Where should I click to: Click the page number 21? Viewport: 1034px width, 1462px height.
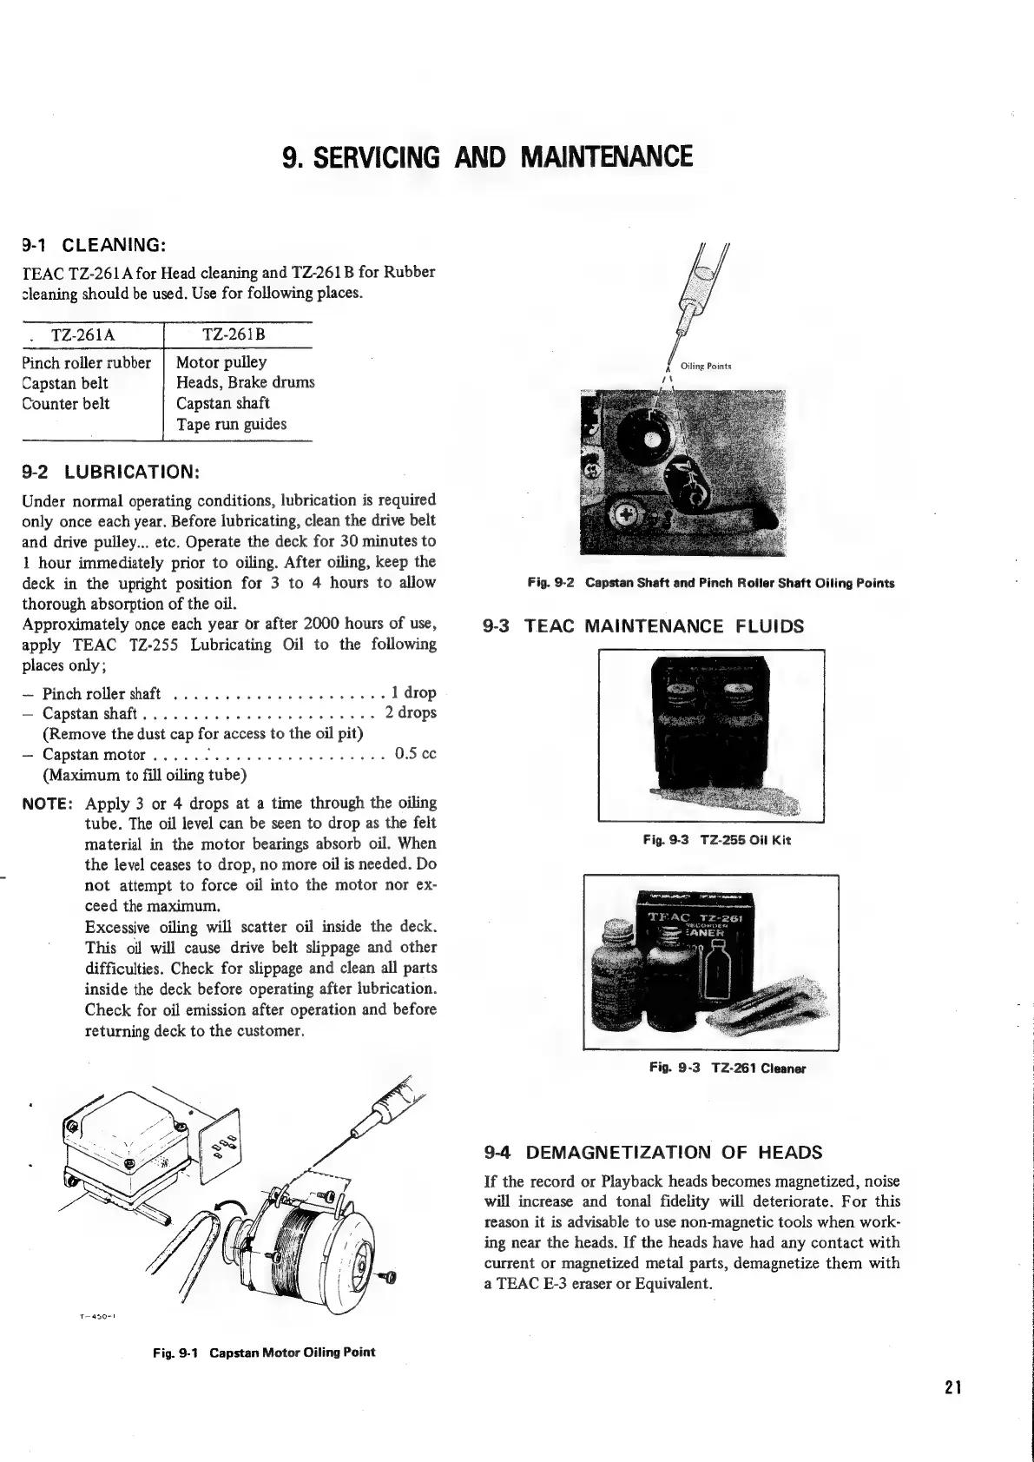pyautogui.click(x=954, y=1387)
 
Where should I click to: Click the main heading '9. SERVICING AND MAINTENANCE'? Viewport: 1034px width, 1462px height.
pyautogui.click(x=488, y=157)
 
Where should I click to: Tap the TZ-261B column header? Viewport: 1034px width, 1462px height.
pyautogui.click(x=234, y=335)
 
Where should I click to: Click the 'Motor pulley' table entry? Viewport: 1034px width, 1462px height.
pyautogui.click(x=221, y=362)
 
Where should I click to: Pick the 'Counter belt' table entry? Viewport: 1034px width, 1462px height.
pyautogui.click(x=66, y=404)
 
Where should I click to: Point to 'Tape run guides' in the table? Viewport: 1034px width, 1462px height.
pyautogui.click(x=231, y=425)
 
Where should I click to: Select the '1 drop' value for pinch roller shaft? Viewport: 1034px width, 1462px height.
pyautogui.click(x=413, y=693)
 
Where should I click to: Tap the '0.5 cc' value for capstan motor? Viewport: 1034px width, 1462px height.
pyautogui.click(x=415, y=754)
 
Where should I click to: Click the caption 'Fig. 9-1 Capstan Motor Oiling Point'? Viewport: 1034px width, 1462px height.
pyautogui.click(x=264, y=1353)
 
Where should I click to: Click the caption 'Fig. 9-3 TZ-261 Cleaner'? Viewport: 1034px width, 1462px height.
pyautogui.click(x=728, y=1068)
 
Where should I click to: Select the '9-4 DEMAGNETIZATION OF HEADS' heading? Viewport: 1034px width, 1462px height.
pyautogui.click(x=652, y=1153)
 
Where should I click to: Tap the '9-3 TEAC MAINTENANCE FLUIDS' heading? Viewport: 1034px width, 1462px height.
pyautogui.click(x=643, y=626)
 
